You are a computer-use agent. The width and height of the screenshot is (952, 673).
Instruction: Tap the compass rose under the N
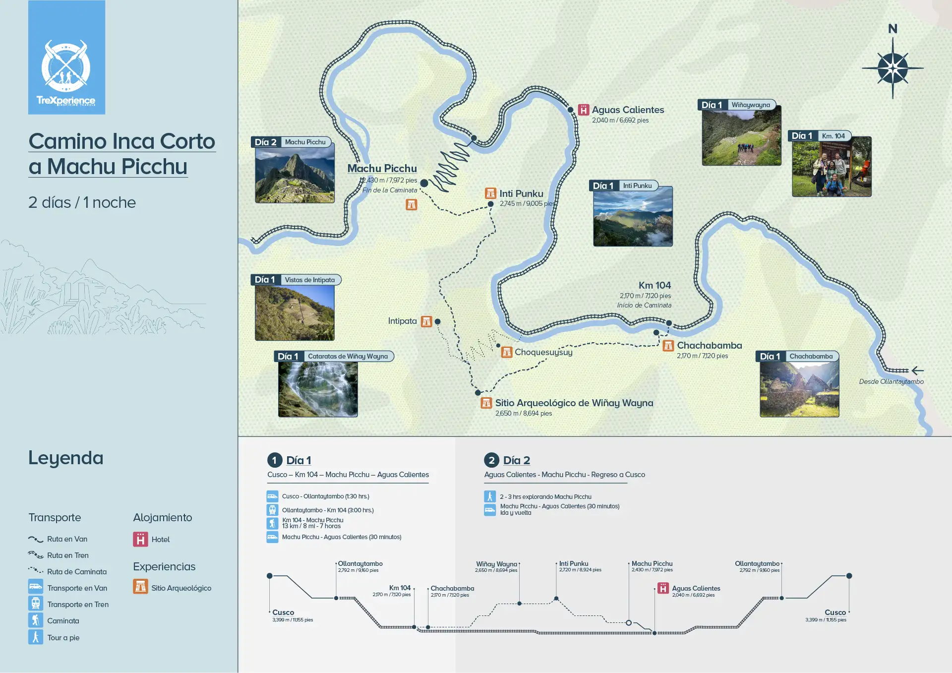click(x=892, y=68)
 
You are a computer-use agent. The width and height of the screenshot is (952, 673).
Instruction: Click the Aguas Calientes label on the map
click(x=628, y=110)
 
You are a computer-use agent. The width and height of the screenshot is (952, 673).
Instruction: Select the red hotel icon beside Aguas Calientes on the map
click(x=584, y=110)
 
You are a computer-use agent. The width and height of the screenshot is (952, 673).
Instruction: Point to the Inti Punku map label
click(x=521, y=193)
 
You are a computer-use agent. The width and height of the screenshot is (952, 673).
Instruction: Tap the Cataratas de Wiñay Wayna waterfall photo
click(x=318, y=389)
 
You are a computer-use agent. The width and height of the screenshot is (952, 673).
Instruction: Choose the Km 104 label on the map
click(x=654, y=285)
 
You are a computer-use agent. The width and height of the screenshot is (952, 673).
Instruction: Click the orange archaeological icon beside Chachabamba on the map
click(x=668, y=346)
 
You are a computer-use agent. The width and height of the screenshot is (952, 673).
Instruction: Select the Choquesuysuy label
click(x=543, y=352)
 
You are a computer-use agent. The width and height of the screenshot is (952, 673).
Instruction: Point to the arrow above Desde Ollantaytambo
click(x=917, y=370)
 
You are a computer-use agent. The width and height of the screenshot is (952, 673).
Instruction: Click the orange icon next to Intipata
click(x=426, y=321)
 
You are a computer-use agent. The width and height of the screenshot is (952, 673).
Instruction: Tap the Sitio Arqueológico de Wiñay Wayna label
click(x=574, y=403)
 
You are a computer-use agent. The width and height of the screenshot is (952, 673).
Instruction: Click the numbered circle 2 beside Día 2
click(x=491, y=460)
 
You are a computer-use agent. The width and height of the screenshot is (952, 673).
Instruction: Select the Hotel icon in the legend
click(x=140, y=539)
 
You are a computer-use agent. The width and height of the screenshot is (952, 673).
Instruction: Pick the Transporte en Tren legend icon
click(x=36, y=604)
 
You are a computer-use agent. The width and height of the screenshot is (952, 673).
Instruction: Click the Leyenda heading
click(x=66, y=458)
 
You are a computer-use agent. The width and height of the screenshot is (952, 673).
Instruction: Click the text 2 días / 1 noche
click(x=82, y=202)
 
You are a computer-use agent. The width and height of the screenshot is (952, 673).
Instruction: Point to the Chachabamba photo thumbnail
click(x=799, y=389)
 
